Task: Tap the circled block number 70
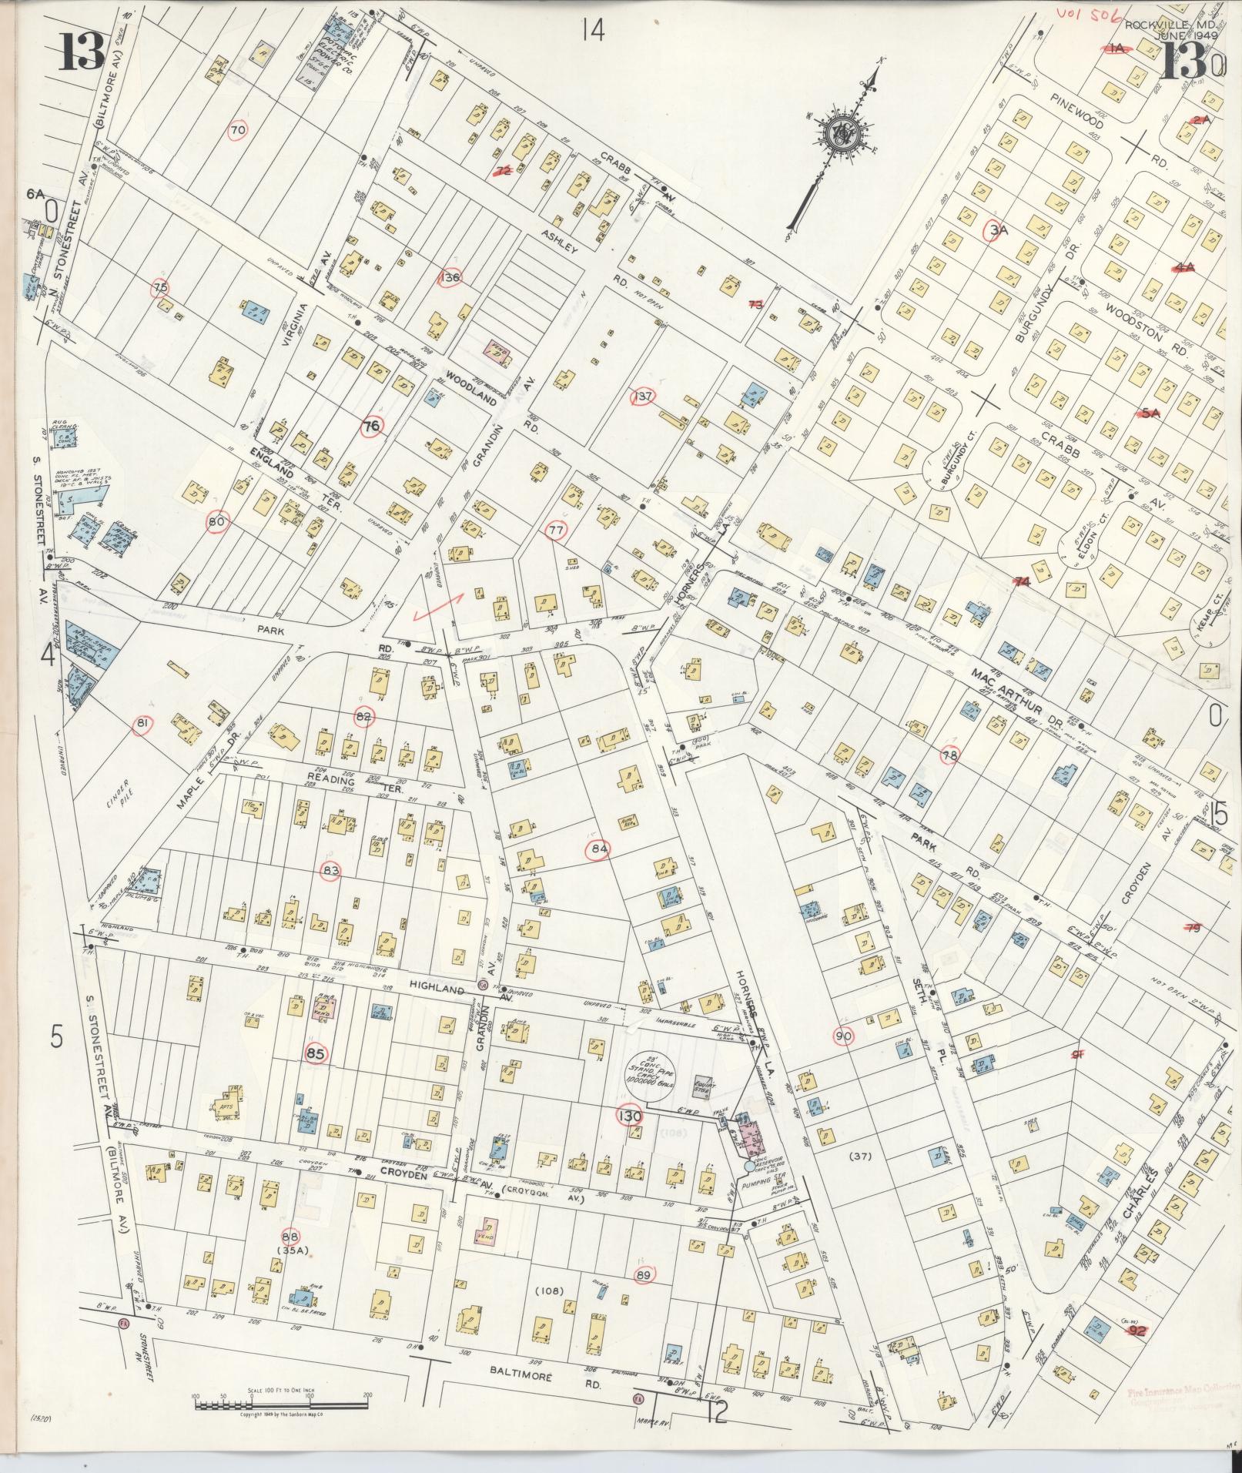click(x=238, y=131)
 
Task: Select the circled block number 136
click(x=450, y=277)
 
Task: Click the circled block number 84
click(x=599, y=850)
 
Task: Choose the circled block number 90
click(x=844, y=1037)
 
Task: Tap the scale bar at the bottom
click(x=280, y=1404)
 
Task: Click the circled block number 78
click(x=951, y=755)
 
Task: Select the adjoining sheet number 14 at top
click(x=593, y=30)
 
